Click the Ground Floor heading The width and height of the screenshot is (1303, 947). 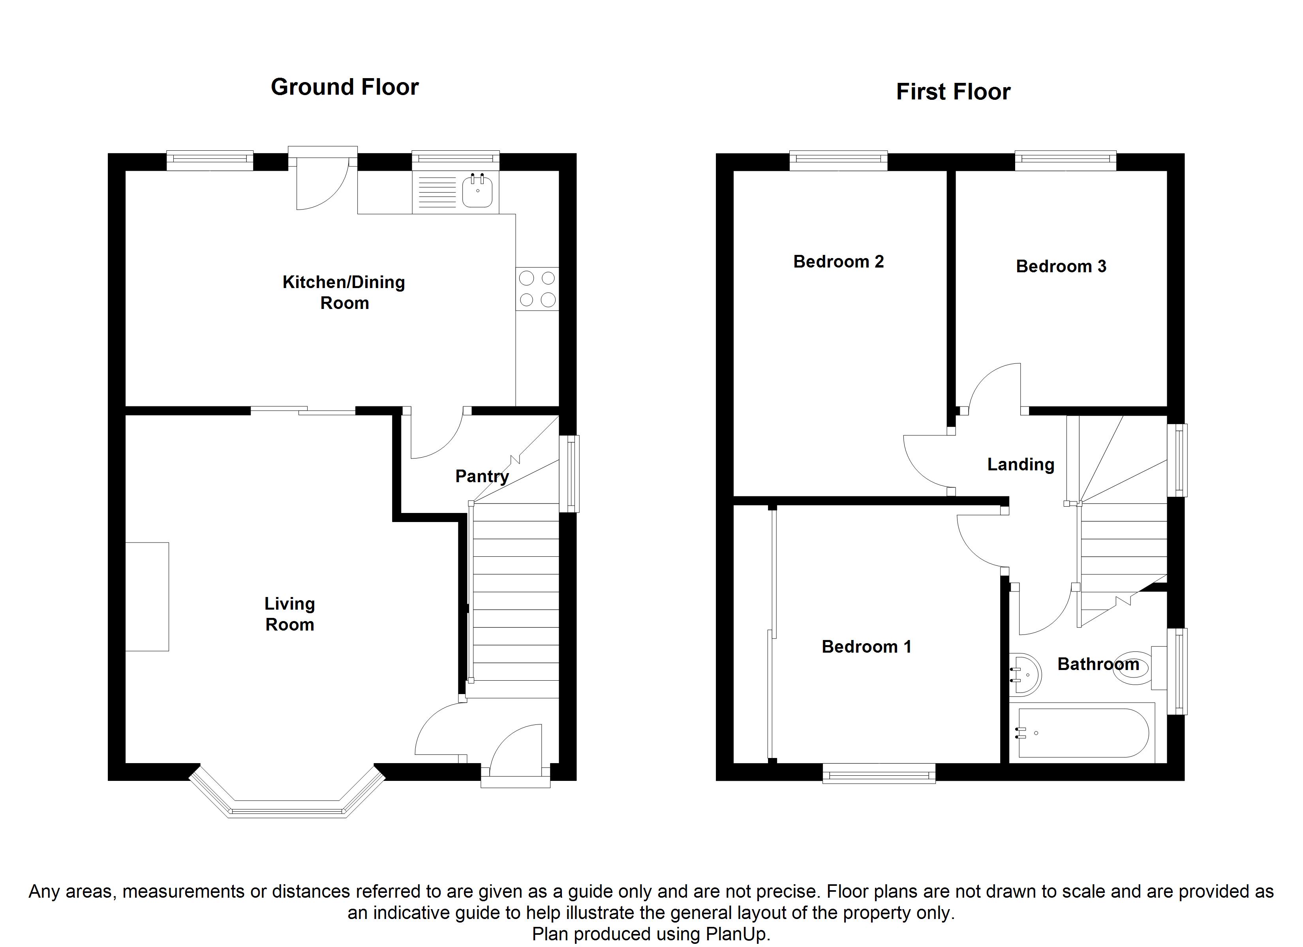[x=345, y=87]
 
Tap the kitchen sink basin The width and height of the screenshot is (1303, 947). [x=477, y=191]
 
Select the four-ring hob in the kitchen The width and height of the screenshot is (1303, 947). [x=537, y=289]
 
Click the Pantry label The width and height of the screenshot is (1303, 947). [x=481, y=476]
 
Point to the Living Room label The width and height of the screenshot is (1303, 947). [x=289, y=614]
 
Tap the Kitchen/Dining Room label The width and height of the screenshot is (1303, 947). [x=344, y=292]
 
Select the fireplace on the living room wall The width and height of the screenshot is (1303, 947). [x=147, y=597]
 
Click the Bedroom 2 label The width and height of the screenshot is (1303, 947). [x=838, y=262]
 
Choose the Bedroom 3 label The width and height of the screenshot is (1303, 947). [x=1061, y=266]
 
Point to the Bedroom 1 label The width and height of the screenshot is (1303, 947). [x=866, y=647]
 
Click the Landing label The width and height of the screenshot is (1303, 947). [x=1020, y=464]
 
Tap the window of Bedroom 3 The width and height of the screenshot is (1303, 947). [x=1065, y=160]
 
